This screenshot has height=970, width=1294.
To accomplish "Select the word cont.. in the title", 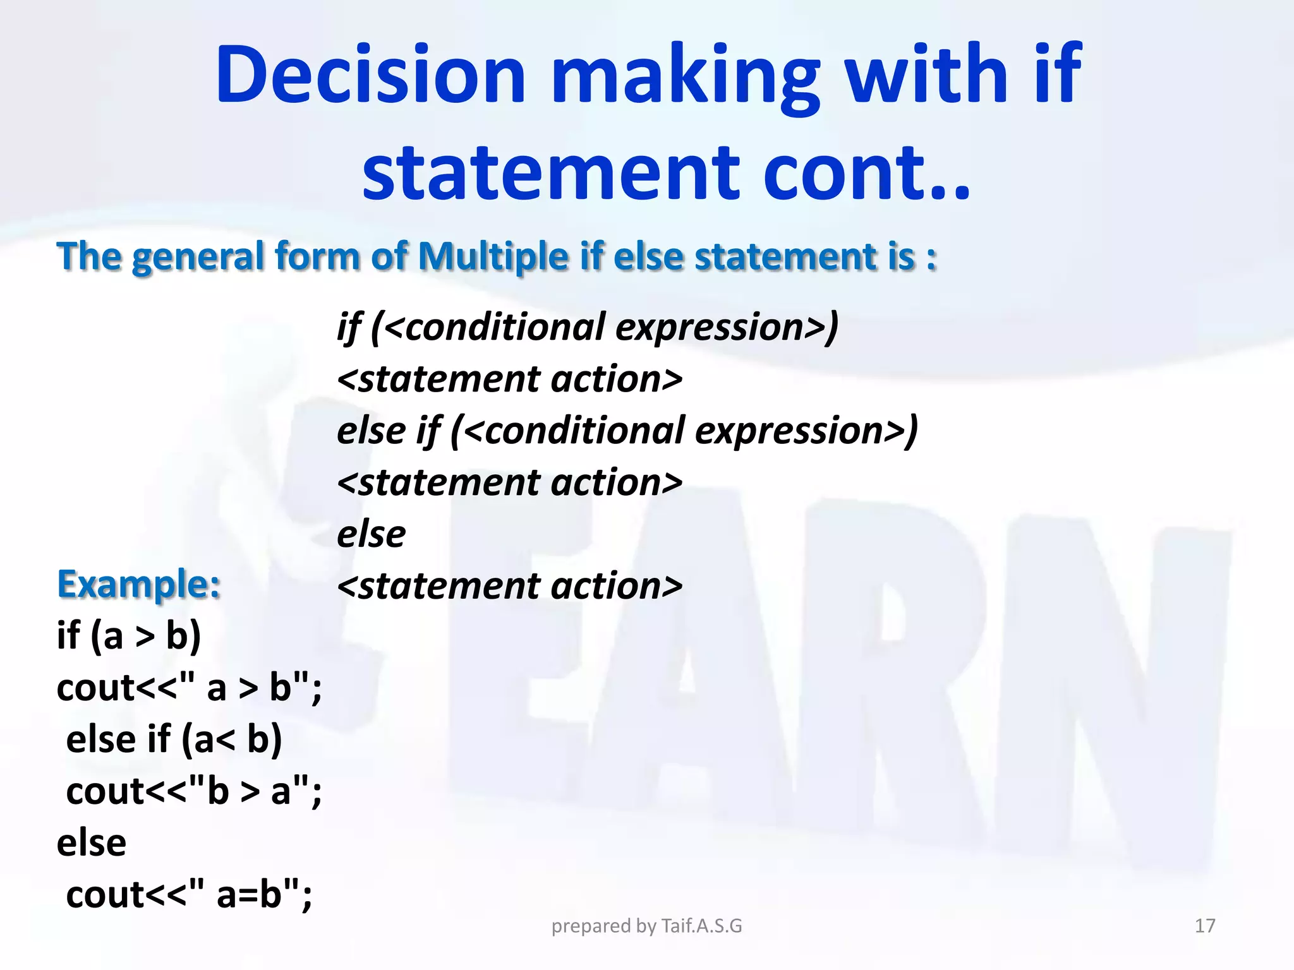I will click(866, 173).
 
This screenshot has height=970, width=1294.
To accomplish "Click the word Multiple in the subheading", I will click(493, 257).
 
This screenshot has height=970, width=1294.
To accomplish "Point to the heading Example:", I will click(139, 584).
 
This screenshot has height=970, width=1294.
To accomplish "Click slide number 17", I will click(1205, 926).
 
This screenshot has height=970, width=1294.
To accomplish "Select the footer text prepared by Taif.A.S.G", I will click(646, 926).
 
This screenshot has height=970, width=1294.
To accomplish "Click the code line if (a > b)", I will click(129, 635).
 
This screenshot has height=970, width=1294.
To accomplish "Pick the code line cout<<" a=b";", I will click(188, 894).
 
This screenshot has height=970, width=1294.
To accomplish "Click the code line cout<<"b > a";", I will click(193, 791).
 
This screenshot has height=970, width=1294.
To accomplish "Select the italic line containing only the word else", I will click(371, 534).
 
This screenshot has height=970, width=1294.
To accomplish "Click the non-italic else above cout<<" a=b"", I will click(92, 843).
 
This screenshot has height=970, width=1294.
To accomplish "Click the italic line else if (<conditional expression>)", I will click(627, 431).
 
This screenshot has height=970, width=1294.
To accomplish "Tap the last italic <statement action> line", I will click(509, 586).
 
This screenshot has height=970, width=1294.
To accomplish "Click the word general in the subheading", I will click(197, 257).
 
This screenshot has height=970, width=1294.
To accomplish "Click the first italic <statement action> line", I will click(509, 380).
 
